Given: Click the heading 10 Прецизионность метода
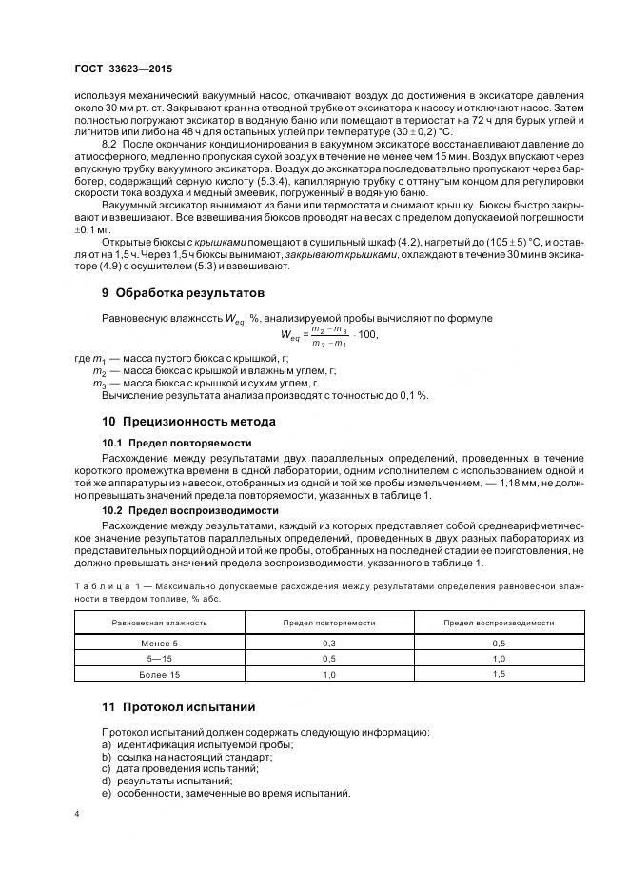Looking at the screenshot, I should (x=189, y=421).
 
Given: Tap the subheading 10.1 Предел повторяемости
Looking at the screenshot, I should (x=176, y=443).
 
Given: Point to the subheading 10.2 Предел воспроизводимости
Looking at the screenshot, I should (x=185, y=509).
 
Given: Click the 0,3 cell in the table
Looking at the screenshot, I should (x=328, y=643).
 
